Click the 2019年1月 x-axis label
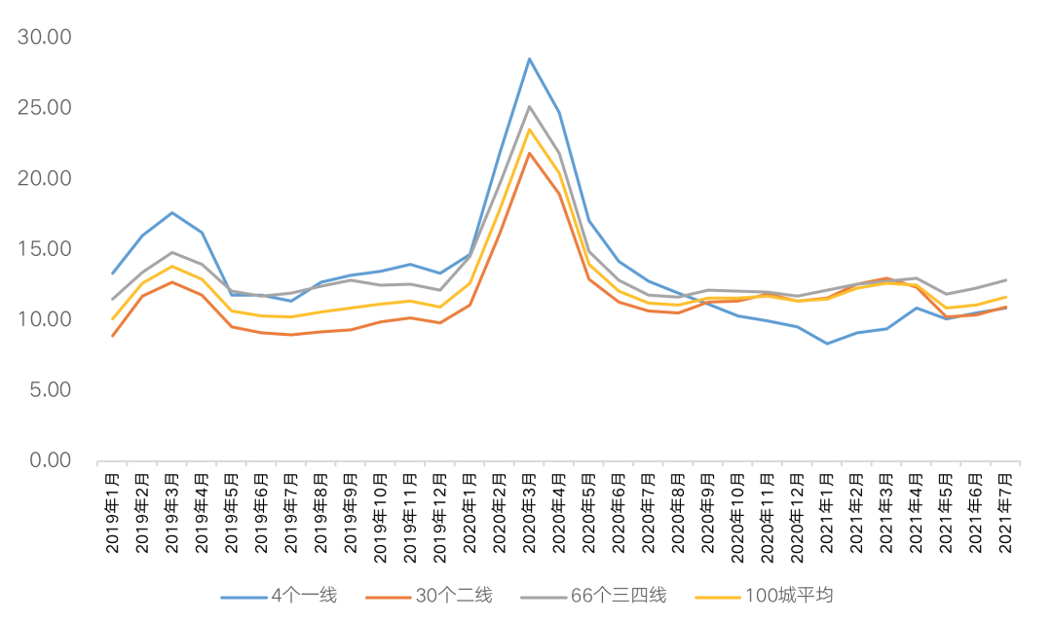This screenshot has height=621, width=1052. (x=113, y=513)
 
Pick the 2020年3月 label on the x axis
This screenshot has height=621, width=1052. (x=530, y=513)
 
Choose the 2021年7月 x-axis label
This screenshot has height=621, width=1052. (x=1006, y=513)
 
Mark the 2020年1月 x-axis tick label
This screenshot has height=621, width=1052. (x=470, y=513)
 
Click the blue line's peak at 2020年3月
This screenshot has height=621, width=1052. (x=530, y=59)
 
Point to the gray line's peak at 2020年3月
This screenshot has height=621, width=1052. (x=530, y=106)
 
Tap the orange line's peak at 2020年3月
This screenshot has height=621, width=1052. (x=530, y=153)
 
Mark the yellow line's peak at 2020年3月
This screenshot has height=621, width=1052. (x=530, y=129)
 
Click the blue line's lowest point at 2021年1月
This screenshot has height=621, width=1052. (x=827, y=344)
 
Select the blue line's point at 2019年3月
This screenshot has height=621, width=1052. (x=172, y=212)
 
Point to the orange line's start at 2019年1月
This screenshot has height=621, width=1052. (x=113, y=336)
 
